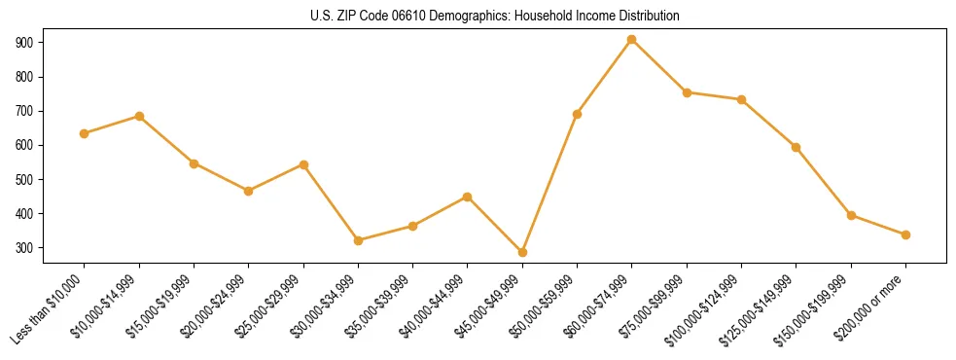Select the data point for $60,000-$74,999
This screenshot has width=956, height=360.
click(632, 40)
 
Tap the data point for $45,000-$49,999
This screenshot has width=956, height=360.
click(522, 252)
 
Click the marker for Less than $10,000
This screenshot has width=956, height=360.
click(85, 133)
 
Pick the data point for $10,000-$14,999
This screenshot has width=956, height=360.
click(139, 116)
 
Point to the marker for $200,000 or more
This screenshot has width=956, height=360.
click(905, 234)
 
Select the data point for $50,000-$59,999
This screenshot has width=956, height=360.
click(577, 114)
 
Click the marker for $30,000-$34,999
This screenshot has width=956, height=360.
click(358, 240)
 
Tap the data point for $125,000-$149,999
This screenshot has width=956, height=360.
click(797, 147)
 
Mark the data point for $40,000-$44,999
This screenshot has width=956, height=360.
click(468, 197)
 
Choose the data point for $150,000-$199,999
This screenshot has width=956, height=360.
click(851, 215)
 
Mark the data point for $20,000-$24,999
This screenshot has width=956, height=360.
click(249, 191)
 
